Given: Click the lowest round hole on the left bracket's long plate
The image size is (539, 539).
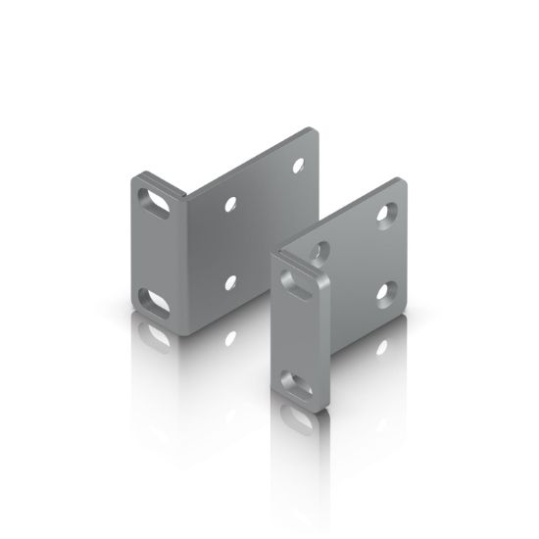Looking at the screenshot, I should tap(231, 283).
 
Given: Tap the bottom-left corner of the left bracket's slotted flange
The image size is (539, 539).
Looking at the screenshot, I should tap(133, 323).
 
